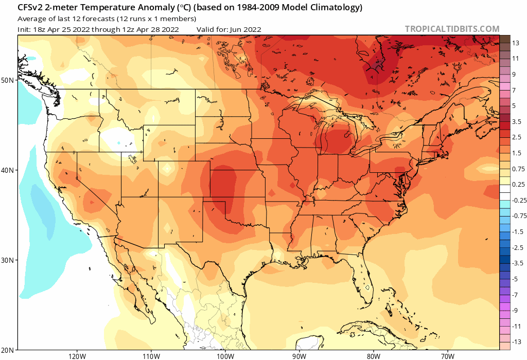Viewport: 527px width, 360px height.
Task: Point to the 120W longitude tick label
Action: pos(76,355)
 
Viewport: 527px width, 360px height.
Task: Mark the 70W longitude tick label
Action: pos(447,355)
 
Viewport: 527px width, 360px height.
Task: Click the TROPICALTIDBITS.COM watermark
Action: pos(452,29)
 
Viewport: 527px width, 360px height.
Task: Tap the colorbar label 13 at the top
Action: pos(515,44)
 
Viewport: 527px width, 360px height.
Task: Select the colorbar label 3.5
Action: pos(516,121)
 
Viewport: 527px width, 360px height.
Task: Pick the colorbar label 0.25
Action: pos(517,184)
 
